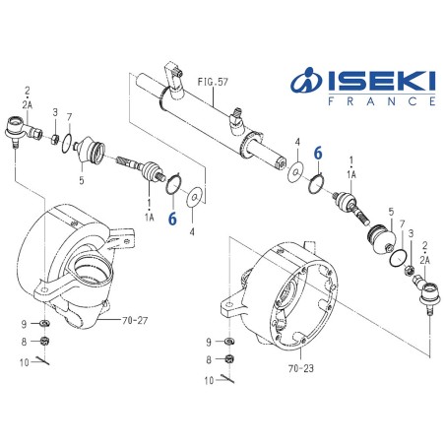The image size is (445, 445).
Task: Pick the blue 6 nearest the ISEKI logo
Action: pos(318,154)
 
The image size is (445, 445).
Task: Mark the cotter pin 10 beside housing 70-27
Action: pos(46,361)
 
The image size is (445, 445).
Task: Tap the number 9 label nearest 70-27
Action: pos(24,323)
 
